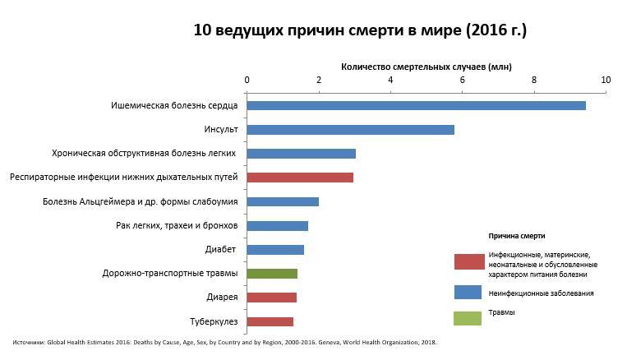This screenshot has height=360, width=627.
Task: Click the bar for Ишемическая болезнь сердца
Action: (416, 105)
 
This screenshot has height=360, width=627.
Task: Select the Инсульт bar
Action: (350, 130)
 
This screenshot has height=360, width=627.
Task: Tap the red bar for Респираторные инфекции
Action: (300, 177)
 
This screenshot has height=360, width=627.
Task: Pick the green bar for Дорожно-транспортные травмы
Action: (272, 274)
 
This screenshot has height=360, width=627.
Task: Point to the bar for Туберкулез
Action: (270, 321)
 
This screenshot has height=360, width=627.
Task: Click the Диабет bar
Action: (275, 250)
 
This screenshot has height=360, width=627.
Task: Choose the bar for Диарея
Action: (271, 298)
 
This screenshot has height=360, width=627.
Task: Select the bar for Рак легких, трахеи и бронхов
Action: (277, 226)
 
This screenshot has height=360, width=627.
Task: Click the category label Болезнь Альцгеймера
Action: (141, 201)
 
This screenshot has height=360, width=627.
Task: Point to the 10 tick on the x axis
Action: (606, 80)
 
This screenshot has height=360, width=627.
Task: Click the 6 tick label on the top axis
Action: (462, 80)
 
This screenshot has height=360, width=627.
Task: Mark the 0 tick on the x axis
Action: (247, 80)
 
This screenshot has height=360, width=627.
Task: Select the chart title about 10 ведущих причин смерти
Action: (360, 31)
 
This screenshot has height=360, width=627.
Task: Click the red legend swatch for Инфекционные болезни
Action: (468, 262)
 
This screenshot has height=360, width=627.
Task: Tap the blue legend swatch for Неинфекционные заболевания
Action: (468, 293)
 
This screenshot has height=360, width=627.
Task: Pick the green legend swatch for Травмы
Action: (468, 318)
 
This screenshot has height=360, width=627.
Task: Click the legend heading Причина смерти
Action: (517, 236)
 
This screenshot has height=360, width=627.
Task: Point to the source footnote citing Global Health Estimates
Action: (224, 342)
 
